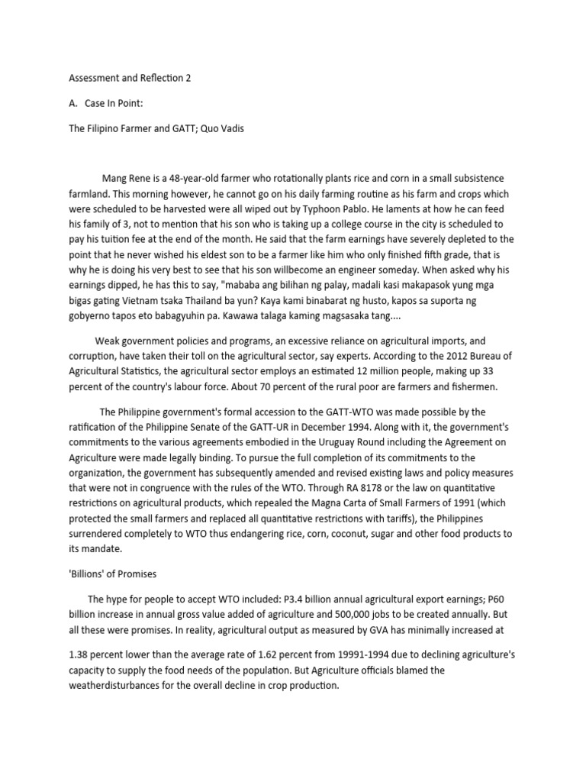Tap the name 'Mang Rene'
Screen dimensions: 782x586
[126, 179]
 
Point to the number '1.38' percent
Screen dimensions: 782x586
[81, 654]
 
